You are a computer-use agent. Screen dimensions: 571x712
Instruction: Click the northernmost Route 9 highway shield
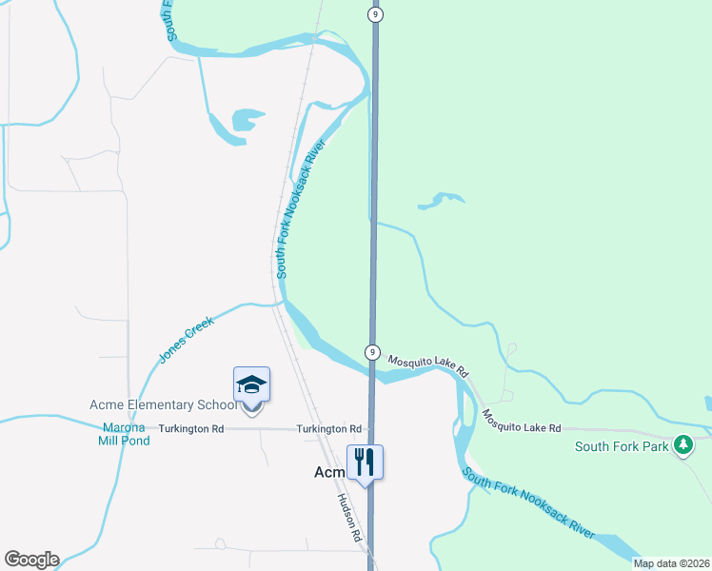(377, 14)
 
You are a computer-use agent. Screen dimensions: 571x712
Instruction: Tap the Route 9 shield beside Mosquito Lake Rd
(372, 352)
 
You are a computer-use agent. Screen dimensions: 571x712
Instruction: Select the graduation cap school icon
(251, 384)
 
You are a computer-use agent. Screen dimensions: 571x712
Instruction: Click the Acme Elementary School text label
(163, 405)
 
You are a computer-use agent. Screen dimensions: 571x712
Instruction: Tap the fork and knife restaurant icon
(365, 463)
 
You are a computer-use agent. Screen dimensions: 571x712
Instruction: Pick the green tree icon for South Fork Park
(682, 444)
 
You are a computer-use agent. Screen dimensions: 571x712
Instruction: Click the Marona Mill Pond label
(123, 432)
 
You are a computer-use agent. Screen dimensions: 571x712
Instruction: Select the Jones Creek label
(187, 340)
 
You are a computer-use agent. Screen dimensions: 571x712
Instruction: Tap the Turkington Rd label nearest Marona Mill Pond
(190, 429)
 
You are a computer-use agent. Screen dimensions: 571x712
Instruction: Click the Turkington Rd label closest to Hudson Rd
(328, 429)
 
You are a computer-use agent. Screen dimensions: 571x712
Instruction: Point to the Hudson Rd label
(349, 519)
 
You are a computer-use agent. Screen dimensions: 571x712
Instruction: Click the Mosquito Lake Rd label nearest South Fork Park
(521, 423)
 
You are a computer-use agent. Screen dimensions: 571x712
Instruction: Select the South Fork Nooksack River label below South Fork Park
(529, 503)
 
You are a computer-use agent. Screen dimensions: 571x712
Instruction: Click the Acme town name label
(332, 472)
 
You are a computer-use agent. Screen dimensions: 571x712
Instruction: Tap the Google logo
(31, 560)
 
